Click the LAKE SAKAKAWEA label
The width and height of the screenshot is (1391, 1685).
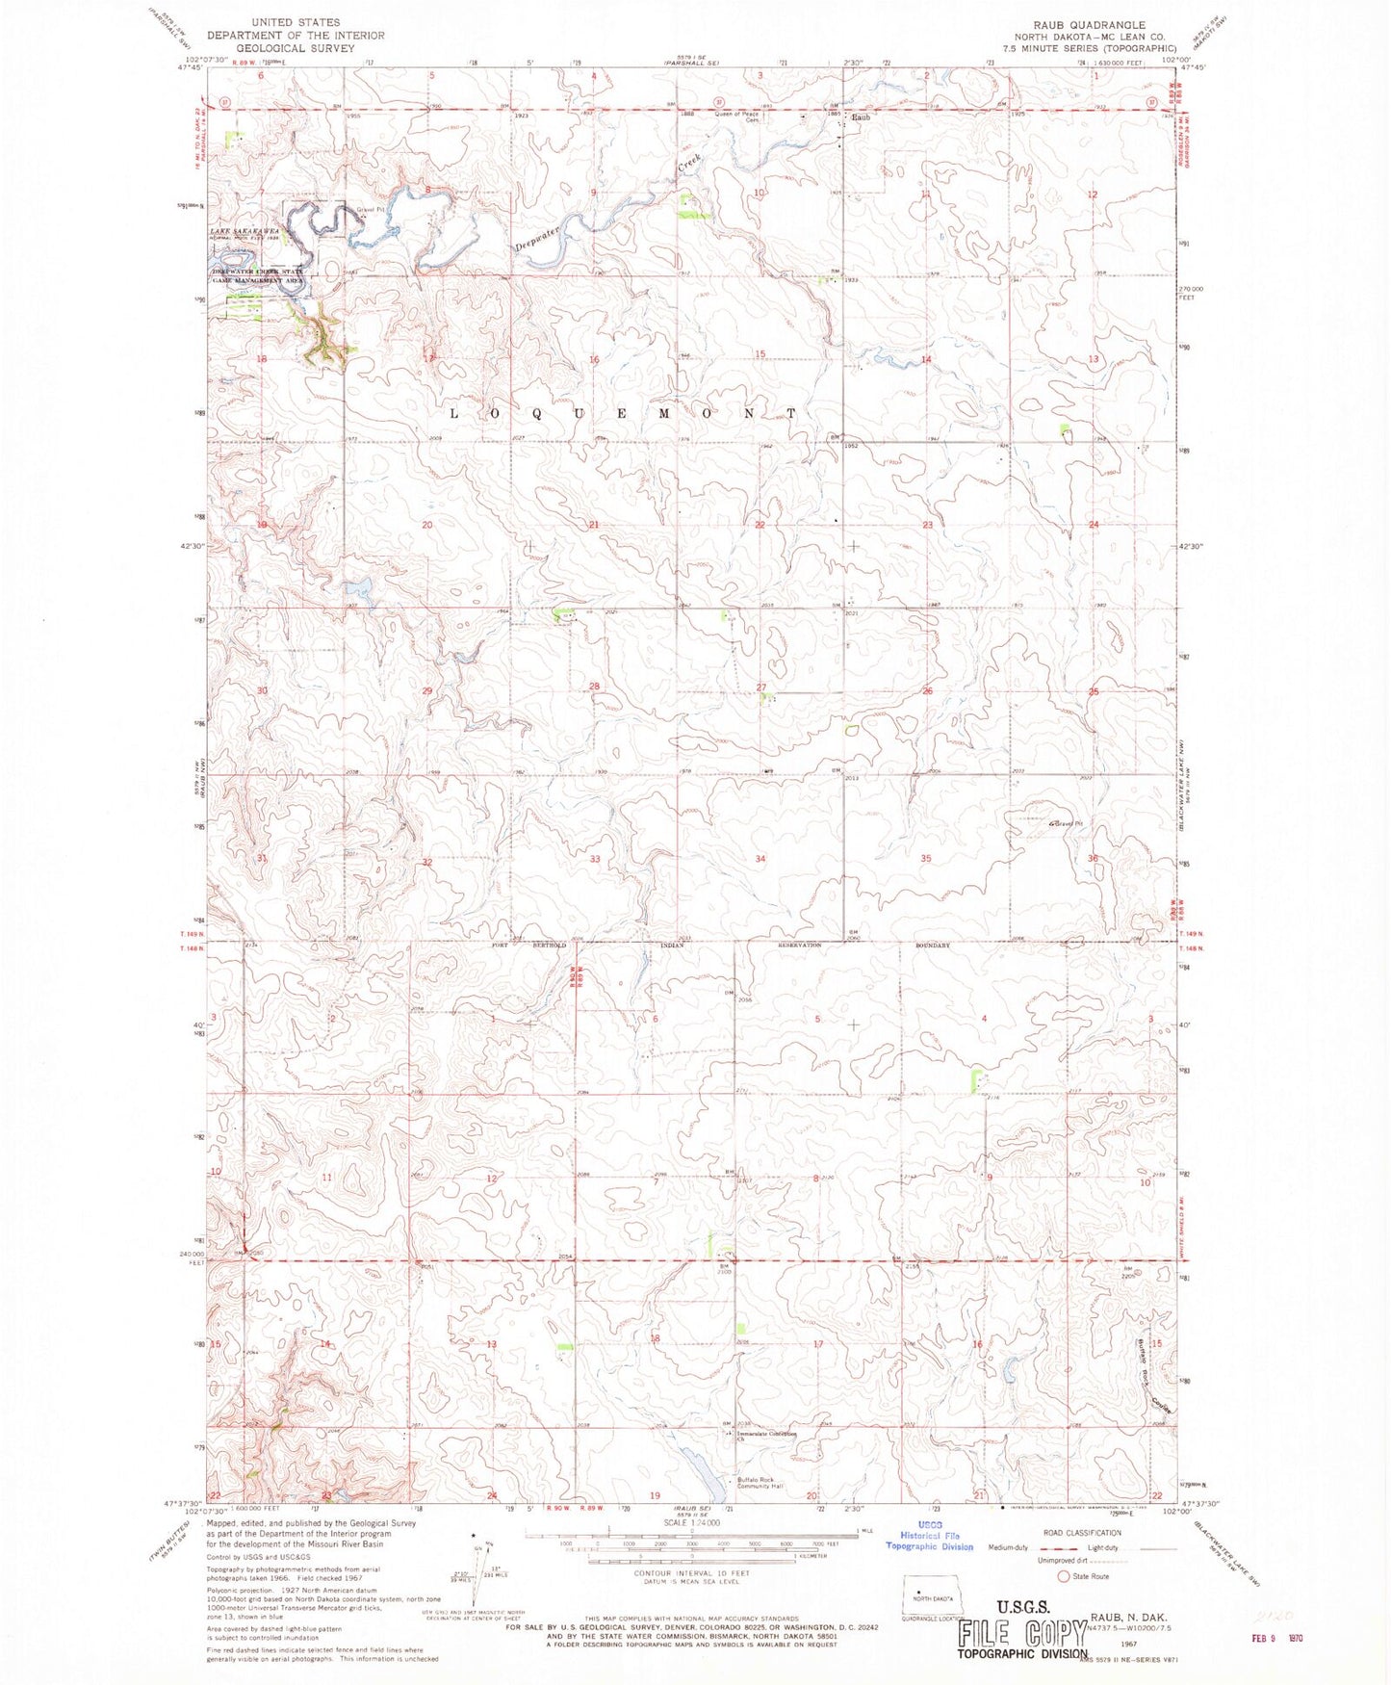[x=245, y=232]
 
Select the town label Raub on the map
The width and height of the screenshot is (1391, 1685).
[x=860, y=117]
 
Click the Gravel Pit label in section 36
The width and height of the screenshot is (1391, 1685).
[x=1067, y=824]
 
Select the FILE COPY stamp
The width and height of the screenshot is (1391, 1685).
[x=1022, y=1634]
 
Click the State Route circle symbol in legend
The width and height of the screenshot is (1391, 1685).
[x=1064, y=1576]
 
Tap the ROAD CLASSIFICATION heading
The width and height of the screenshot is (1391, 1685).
[x=1082, y=1532]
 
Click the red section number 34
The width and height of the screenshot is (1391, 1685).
[x=760, y=858]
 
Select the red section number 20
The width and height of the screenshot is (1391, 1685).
[x=427, y=525]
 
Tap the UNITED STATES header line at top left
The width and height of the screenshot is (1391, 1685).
[x=296, y=21]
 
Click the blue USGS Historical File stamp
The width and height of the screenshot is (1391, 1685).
[x=930, y=1539]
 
